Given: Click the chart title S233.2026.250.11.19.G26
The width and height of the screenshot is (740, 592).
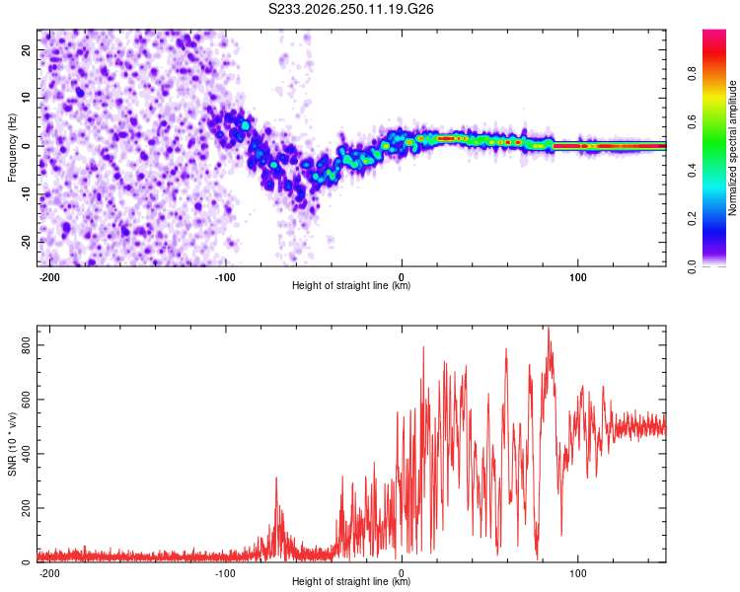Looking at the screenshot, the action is (350, 9).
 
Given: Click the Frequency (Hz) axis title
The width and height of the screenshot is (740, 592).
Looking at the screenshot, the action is (12, 148).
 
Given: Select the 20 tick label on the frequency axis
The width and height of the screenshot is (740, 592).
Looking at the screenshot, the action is (26, 50).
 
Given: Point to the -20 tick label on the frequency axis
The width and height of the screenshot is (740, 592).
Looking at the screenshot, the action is (26, 242).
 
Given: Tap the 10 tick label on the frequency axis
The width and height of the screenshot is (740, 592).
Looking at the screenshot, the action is (26, 98).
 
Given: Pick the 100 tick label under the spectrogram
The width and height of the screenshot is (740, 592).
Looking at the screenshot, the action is (577, 277).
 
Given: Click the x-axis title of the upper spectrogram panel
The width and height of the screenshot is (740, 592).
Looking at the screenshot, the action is (351, 285).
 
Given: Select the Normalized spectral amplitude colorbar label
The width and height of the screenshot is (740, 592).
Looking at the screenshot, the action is (732, 148).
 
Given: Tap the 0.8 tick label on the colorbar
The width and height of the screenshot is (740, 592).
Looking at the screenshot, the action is (692, 74).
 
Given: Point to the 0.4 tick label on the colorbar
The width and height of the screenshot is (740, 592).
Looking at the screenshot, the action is (692, 171).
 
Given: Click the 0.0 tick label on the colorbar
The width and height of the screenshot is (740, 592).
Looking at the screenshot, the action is (692, 266).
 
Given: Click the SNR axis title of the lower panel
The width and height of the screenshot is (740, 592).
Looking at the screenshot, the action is (12, 444).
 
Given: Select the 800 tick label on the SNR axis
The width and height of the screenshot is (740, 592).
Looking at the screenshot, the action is (26, 345).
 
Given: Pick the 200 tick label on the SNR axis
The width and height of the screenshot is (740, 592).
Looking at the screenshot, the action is (26, 508).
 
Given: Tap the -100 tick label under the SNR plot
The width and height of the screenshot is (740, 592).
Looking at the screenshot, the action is (225, 573).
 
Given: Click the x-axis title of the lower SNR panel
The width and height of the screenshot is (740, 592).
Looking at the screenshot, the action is (351, 581).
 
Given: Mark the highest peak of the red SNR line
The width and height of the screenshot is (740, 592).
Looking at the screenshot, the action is (549, 328).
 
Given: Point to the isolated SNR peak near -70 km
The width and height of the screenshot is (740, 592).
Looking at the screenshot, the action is (276, 478).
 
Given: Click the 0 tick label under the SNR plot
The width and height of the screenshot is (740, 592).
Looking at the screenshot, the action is (402, 573).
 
